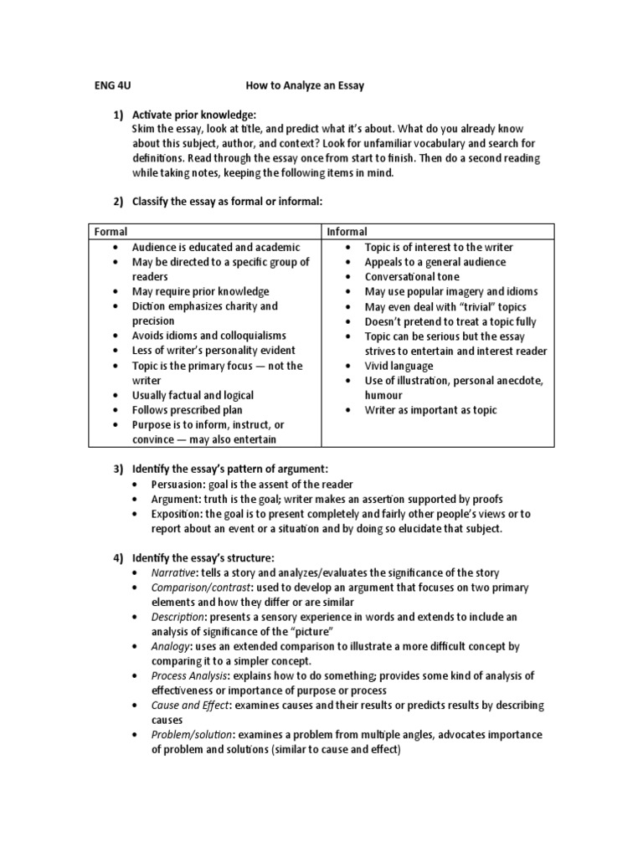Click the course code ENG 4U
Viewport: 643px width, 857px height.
[x=111, y=85]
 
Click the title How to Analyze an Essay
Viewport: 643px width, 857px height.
[x=305, y=85]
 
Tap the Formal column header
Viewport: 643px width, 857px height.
[x=111, y=232]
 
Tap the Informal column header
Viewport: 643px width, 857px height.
[x=347, y=232]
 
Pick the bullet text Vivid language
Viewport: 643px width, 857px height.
[x=399, y=366]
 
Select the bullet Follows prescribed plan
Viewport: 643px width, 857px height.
[x=187, y=410]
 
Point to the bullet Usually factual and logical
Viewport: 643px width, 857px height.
[x=193, y=395]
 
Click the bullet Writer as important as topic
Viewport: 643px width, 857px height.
[x=430, y=410]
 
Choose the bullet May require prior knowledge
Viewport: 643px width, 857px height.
[x=200, y=291]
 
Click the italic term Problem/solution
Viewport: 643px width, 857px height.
[x=192, y=735]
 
